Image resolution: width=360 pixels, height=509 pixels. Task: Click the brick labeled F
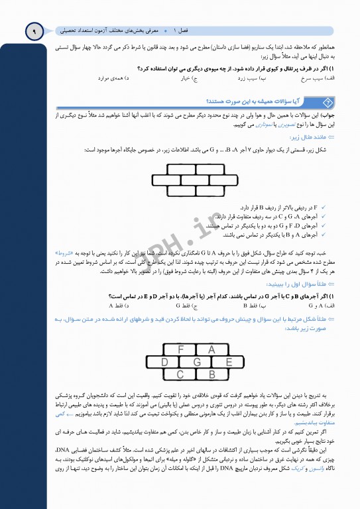point(181,349)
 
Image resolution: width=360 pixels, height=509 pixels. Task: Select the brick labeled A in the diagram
point(211,349)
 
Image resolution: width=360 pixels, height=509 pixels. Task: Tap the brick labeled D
point(165,362)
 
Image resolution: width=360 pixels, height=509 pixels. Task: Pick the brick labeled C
point(181,374)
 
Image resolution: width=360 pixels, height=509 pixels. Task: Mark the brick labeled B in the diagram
point(211,374)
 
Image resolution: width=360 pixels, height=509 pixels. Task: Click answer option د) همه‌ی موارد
point(113,78)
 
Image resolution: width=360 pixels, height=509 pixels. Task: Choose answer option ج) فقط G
point(182,306)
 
